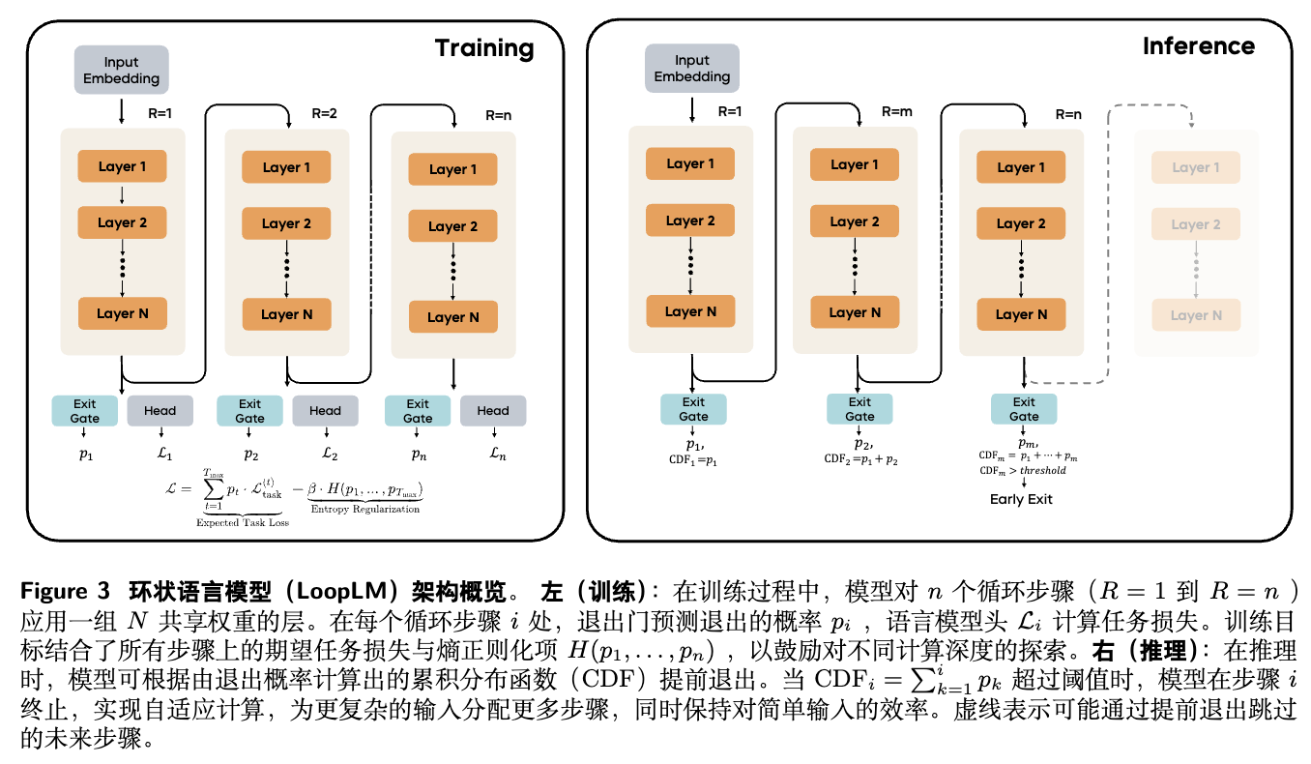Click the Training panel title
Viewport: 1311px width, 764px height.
(483, 48)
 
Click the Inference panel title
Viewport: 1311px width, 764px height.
(1199, 46)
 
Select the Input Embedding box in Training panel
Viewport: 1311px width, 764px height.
(122, 71)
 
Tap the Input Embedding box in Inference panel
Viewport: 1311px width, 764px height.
(691, 69)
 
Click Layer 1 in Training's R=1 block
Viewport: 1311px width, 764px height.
(123, 166)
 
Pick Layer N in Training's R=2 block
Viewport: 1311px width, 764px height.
(286, 314)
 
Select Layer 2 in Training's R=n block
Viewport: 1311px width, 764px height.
(452, 226)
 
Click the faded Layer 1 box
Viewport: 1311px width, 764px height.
(1196, 167)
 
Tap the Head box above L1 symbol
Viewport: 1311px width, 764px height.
(160, 410)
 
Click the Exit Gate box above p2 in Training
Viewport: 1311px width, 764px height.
(249, 411)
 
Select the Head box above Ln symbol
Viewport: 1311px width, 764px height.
(493, 410)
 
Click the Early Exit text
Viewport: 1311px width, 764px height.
(1021, 499)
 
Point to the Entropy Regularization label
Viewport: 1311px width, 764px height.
(365, 509)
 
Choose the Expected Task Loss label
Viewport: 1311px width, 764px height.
(242, 522)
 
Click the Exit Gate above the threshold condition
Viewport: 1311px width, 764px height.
(1024, 409)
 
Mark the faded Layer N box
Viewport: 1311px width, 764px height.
(1196, 315)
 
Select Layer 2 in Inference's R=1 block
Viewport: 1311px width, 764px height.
(690, 220)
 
